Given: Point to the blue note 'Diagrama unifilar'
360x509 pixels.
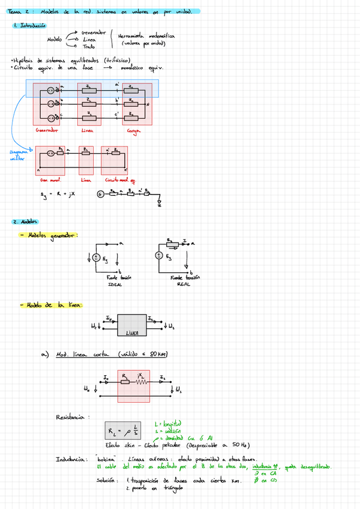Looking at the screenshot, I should coord(17,155).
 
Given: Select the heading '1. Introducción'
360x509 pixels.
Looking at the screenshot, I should coord(29,26).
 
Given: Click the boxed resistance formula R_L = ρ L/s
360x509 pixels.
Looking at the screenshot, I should coord(123,431).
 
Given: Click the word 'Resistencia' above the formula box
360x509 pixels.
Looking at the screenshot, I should coord(70,417).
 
